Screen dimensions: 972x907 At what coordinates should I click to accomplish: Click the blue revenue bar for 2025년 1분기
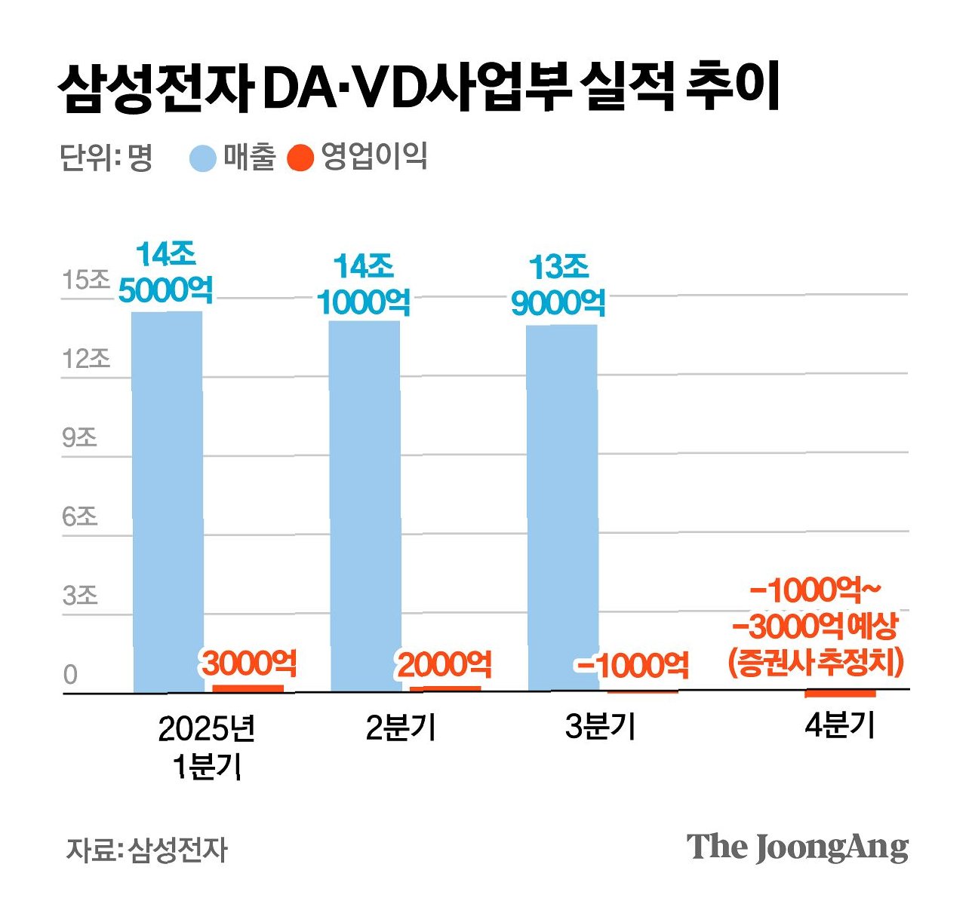pos(168,501)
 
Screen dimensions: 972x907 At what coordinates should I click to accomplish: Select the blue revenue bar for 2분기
pos(365,506)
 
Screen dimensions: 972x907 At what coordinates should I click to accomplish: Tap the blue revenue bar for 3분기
pos(563,507)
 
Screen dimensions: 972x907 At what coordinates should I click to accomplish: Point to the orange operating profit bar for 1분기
pos(248,688)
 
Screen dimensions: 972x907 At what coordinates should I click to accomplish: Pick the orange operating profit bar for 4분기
pos(841,693)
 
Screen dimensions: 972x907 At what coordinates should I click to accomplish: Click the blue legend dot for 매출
pos(202,158)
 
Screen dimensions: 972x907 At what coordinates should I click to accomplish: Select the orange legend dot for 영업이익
pos(300,158)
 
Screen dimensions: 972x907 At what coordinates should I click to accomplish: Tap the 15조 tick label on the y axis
pos(86,280)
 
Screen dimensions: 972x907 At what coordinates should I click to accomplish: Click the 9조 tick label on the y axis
pos(79,437)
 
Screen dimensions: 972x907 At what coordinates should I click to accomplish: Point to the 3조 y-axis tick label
pos(80,595)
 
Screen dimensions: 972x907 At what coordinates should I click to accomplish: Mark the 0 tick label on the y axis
pos(70,675)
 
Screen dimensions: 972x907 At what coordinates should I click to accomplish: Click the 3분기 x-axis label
pos(599,726)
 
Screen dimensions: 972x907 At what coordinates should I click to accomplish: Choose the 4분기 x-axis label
pos(840,725)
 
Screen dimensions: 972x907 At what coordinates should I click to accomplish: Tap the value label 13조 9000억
pos(558,285)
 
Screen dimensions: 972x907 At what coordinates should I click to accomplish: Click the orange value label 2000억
pos(444,664)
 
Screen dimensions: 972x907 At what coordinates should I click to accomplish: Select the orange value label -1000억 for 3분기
pos(633,665)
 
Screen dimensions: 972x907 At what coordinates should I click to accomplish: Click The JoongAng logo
pos(797,847)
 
